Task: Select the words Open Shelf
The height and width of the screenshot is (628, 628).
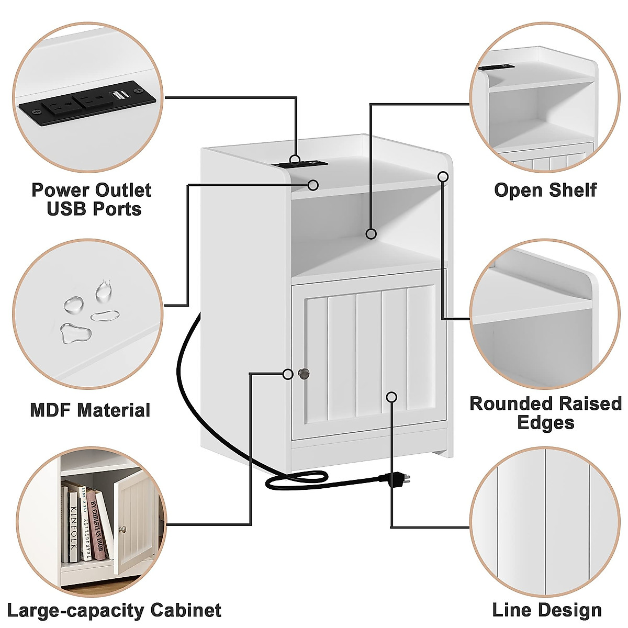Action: click(545, 190)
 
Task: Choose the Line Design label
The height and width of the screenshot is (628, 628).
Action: click(547, 610)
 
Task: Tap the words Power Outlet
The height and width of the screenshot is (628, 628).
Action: click(92, 190)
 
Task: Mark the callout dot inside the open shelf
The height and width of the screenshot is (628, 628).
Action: click(371, 233)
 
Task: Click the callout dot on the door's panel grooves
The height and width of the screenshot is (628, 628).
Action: click(391, 397)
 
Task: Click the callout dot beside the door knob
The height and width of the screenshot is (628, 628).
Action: click(288, 374)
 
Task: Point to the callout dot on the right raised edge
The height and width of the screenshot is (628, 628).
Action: click(443, 176)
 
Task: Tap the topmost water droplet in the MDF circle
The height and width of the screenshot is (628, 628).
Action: click(104, 289)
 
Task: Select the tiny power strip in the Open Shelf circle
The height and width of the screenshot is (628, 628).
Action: click(495, 66)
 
